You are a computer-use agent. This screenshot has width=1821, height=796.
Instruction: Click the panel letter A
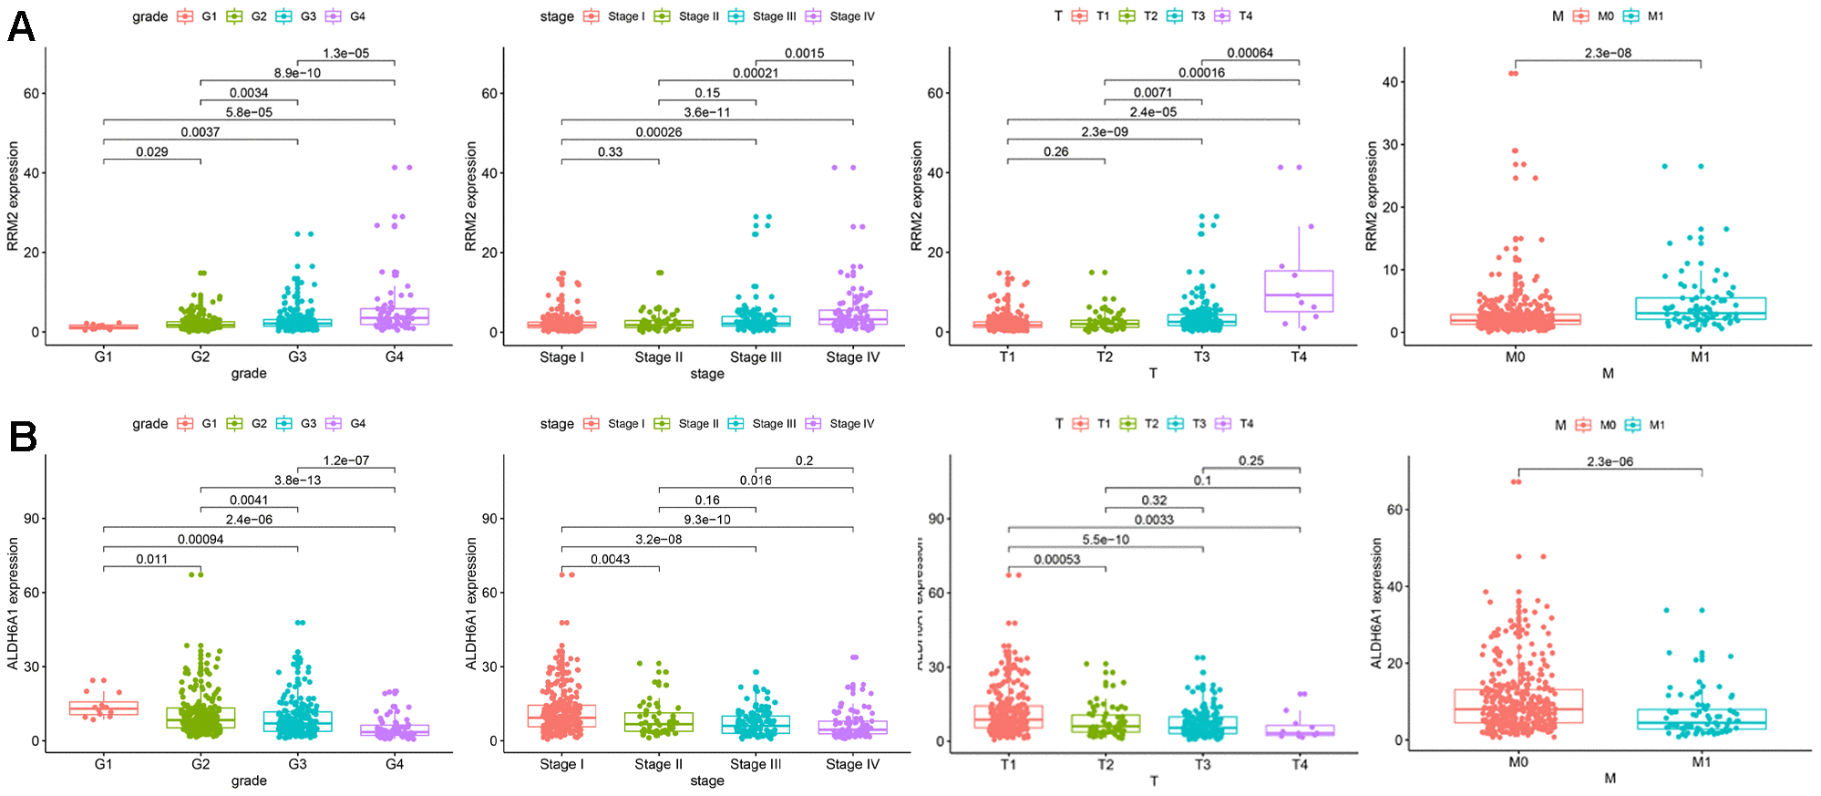21,26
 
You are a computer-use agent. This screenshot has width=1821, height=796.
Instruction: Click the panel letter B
23,437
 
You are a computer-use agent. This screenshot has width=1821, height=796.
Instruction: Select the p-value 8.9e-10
297,73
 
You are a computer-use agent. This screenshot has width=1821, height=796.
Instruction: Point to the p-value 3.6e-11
707,112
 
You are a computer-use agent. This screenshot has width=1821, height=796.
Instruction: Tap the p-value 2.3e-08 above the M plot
1608,53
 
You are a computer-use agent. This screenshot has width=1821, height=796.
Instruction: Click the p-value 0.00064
1250,53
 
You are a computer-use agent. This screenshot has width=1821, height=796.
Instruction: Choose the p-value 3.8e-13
297,481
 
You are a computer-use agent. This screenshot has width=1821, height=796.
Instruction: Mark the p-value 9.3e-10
707,520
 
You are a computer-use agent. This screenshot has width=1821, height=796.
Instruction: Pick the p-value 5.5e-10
1106,540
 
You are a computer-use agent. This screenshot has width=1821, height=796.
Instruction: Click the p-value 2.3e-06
1610,461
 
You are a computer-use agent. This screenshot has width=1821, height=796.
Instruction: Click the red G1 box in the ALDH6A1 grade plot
103,708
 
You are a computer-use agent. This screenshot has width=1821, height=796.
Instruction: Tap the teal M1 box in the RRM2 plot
1701,308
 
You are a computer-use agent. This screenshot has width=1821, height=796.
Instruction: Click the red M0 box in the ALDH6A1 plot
1518,707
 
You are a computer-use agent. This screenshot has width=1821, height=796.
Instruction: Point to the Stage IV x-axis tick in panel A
853,357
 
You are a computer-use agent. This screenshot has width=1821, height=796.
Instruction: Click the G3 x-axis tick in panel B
297,764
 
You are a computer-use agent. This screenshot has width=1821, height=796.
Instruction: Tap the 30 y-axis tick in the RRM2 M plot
1389,145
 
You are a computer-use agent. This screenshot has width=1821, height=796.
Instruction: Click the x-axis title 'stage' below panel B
707,781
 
